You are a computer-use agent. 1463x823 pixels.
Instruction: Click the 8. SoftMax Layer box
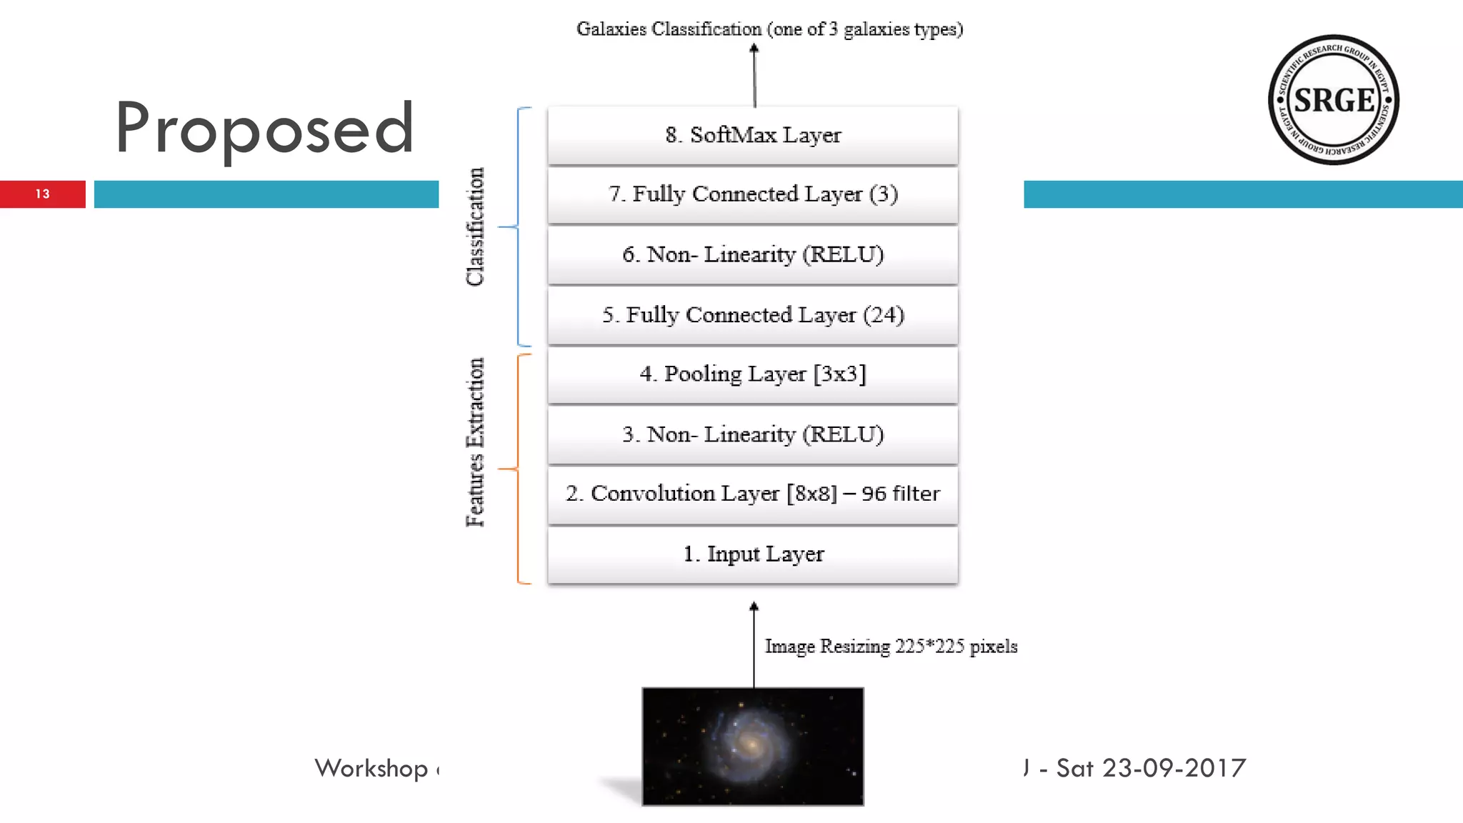(753, 135)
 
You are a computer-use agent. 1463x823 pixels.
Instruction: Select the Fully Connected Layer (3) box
(753, 194)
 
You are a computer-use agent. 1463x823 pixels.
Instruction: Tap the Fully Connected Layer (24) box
(753, 315)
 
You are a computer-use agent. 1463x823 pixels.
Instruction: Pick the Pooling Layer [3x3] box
(753, 374)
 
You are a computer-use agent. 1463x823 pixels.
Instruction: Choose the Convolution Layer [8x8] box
(753, 494)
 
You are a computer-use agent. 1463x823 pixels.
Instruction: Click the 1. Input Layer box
(753, 554)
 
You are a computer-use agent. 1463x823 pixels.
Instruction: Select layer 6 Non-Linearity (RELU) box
(753, 254)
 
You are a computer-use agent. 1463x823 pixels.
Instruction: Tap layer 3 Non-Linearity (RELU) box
(753, 434)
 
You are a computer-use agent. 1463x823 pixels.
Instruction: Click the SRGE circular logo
(1333, 100)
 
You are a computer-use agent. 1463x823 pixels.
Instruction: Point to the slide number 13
(43, 194)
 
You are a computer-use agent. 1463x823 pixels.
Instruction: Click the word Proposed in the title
(264, 129)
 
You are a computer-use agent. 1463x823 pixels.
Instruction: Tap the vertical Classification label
(475, 226)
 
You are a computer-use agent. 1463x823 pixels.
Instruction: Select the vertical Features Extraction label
(475, 442)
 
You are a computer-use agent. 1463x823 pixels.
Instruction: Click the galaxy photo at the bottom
(753, 746)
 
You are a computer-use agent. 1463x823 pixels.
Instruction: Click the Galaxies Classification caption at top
(769, 29)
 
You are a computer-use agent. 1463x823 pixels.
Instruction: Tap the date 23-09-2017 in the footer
(1174, 768)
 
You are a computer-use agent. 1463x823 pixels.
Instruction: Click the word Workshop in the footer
(371, 769)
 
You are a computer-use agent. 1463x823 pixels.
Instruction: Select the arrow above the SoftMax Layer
(754, 75)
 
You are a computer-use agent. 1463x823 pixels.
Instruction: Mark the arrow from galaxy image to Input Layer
(754, 643)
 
